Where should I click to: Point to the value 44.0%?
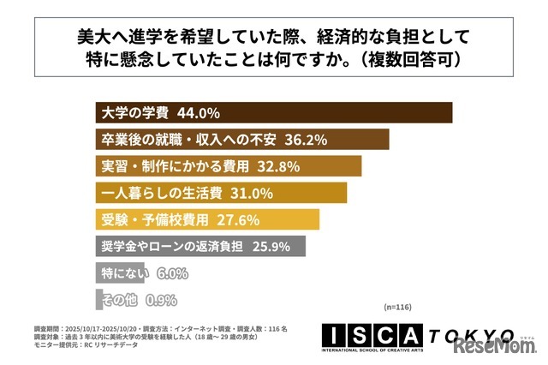click(200, 113)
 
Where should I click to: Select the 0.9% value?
click(163, 300)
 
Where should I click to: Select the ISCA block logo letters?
click(372, 335)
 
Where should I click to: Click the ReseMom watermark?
click(497, 347)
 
